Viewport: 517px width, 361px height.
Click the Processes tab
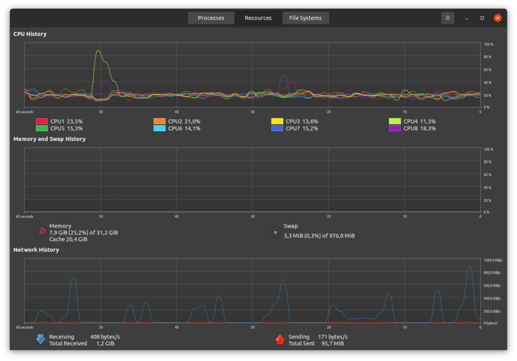click(211, 18)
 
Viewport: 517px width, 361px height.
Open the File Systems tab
click(305, 18)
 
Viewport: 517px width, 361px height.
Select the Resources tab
click(258, 18)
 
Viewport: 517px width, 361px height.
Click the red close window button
click(497, 18)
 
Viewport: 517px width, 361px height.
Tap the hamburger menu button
click(447, 18)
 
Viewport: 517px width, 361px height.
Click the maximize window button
click(482, 18)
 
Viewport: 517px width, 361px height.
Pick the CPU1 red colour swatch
click(42, 121)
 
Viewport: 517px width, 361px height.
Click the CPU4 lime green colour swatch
click(395, 121)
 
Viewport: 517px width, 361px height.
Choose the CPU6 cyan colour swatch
click(160, 129)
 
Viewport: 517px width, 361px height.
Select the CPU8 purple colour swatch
click(395, 129)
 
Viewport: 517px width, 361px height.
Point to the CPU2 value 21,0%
click(192, 122)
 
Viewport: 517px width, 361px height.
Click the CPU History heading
click(30, 34)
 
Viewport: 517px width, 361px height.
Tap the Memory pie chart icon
click(41, 232)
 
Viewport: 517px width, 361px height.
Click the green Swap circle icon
click(275, 232)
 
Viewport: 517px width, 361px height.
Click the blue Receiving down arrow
click(40, 339)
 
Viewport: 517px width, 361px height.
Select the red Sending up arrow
click(280, 339)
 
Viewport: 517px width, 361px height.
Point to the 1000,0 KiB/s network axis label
click(493, 260)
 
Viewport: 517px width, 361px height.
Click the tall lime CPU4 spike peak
click(97, 51)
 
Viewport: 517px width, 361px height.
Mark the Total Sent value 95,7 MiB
click(332, 343)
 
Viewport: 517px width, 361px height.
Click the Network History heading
click(36, 250)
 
